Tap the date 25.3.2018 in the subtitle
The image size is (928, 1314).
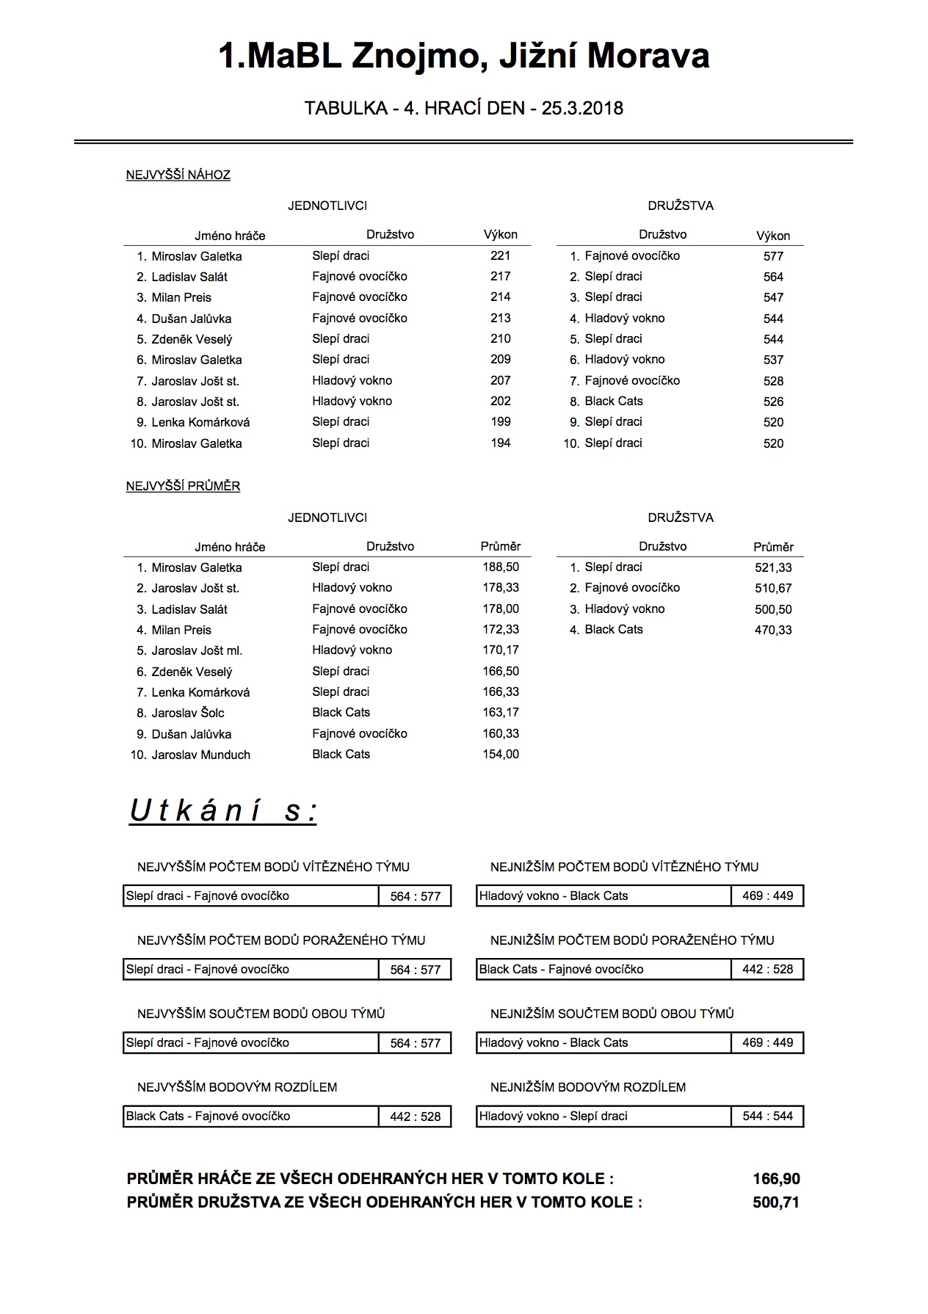coord(582,109)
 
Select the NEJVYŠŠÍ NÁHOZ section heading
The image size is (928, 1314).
coord(178,175)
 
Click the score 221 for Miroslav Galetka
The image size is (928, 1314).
coord(500,255)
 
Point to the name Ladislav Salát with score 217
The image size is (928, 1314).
coord(189,277)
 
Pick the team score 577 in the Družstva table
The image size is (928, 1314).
coord(773,256)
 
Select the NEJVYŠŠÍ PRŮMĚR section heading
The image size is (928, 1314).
coord(183,486)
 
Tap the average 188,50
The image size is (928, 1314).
coord(501,567)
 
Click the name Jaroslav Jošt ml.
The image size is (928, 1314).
coord(197,650)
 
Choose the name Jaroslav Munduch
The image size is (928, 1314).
coord(200,755)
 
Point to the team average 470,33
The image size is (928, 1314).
coord(773,630)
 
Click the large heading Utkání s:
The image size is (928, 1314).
coord(223,811)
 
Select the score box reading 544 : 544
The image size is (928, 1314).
coord(767,1116)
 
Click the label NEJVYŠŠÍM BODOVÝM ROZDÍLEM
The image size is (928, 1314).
coord(237,1087)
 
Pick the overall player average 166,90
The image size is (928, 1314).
coord(776,1179)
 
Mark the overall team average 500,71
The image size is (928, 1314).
coord(776,1202)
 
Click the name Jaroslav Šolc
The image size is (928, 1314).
coord(188,713)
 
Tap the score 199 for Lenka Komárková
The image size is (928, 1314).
coord(500,421)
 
